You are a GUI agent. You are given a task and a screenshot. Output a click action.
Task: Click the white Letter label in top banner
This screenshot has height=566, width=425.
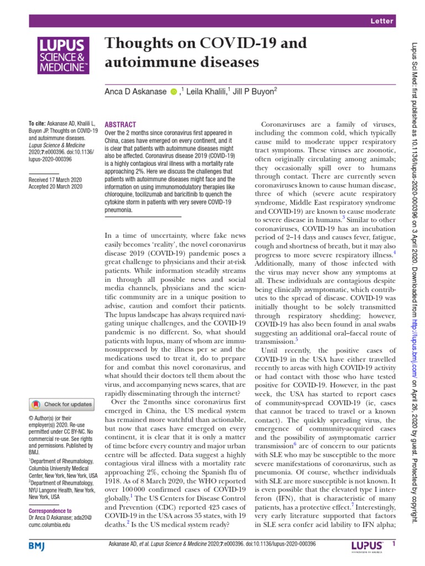point(382,21)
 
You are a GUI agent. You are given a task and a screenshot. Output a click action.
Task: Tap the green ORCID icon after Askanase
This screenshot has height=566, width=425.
point(173,92)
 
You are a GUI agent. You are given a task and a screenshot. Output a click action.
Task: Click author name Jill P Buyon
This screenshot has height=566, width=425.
point(254,92)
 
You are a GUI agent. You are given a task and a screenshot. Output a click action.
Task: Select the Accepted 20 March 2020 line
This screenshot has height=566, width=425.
point(55,187)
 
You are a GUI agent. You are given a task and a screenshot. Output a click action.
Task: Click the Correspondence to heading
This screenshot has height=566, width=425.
point(50,511)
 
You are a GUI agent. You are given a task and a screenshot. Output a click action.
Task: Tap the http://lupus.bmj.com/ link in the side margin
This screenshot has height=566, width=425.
point(415,337)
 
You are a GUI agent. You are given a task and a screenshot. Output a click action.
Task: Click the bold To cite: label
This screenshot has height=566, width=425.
point(37,123)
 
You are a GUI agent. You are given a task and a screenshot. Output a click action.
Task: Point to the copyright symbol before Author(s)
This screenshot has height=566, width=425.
point(30,420)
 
